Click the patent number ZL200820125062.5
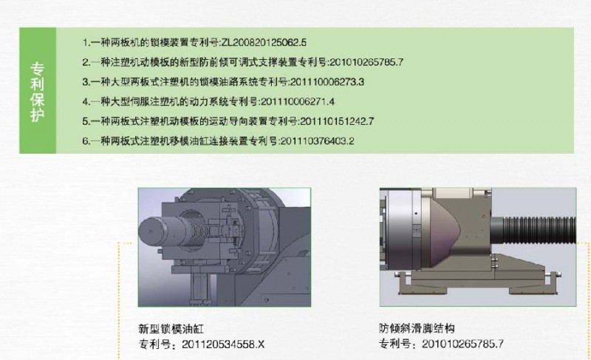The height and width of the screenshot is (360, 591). pyautogui.click(x=264, y=42)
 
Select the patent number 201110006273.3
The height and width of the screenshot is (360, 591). pyautogui.click(x=327, y=82)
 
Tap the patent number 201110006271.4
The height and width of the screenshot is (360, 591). pyautogui.click(x=298, y=101)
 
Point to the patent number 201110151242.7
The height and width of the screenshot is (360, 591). pyautogui.click(x=337, y=121)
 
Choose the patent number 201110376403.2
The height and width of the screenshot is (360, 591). pyautogui.click(x=318, y=141)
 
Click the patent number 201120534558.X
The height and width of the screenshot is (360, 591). pyautogui.click(x=223, y=344)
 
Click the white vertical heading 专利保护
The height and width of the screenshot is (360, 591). pyautogui.click(x=38, y=92)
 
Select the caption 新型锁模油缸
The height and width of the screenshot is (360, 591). pyautogui.click(x=171, y=329)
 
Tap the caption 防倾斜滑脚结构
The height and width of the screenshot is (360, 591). pyautogui.click(x=417, y=328)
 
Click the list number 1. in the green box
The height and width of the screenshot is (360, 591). pyautogui.click(x=86, y=42)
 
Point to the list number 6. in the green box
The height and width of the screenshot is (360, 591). pyautogui.click(x=86, y=141)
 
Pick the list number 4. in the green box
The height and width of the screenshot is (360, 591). pyautogui.click(x=86, y=102)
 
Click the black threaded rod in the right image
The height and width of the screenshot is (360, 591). pyautogui.click(x=539, y=231)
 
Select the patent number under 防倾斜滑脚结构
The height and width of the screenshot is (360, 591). pyautogui.click(x=462, y=344)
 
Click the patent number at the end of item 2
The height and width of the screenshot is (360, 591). pyautogui.click(x=366, y=62)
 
